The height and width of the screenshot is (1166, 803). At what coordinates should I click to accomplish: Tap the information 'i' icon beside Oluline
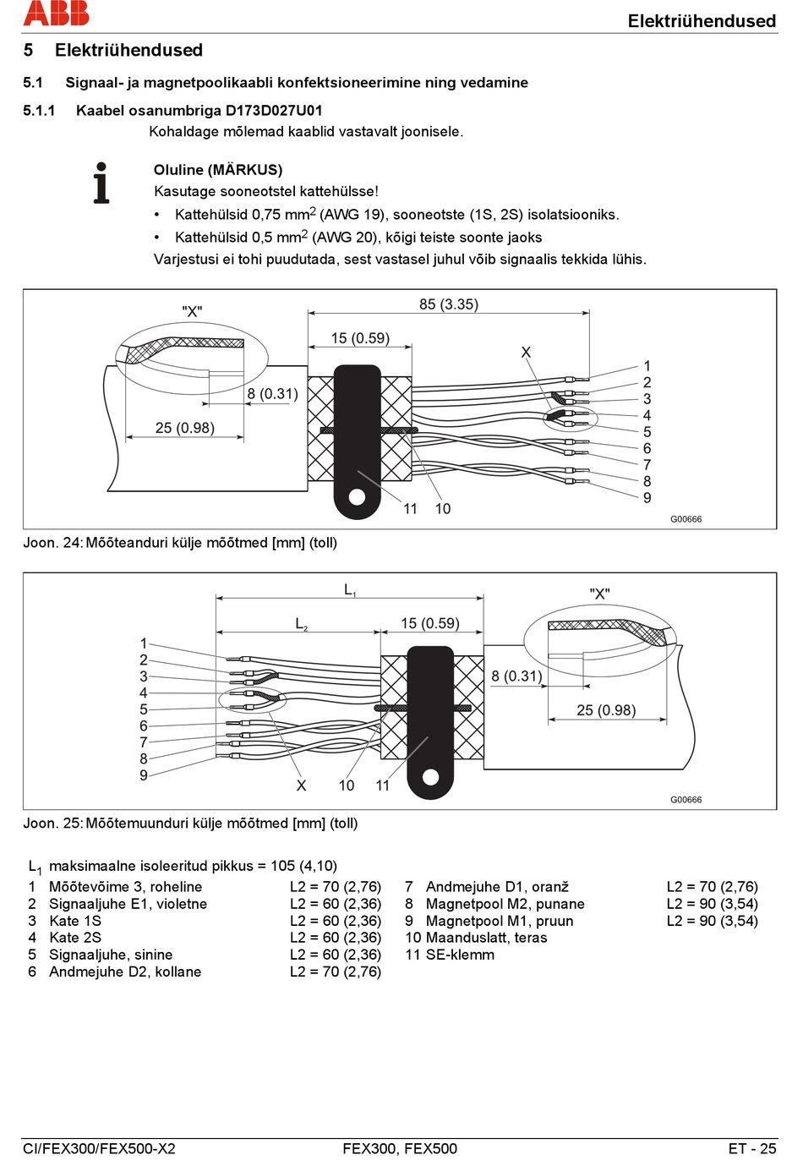tap(101, 183)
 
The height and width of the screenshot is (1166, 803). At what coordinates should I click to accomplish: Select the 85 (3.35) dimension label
tap(449, 304)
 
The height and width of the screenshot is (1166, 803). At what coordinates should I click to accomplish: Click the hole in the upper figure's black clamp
tap(357, 497)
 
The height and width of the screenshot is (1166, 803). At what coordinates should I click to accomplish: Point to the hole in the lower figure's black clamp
tap(430, 777)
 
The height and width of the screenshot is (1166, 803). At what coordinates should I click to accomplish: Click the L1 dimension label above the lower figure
tap(350, 590)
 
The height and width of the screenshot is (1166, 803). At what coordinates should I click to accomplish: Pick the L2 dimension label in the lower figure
tap(301, 624)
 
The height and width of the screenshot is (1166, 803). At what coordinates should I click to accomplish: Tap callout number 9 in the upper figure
tap(647, 498)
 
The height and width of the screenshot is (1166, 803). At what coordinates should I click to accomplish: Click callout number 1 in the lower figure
tap(144, 643)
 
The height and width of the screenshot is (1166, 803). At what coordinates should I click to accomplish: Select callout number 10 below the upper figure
tap(443, 508)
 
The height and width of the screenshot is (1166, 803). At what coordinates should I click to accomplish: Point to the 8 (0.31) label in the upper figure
tap(272, 393)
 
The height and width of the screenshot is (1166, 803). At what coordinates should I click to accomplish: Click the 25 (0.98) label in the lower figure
tap(606, 710)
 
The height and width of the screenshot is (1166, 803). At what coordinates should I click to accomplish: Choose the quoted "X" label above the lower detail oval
tap(599, 594)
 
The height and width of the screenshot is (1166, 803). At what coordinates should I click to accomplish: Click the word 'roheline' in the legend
tap(177, 887)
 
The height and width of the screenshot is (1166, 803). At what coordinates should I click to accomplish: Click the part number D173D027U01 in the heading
tap(274, 111)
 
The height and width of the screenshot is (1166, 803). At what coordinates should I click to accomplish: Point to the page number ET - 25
tap(752, 1149)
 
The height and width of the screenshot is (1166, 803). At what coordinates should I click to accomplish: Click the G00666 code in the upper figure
tap(686, 519)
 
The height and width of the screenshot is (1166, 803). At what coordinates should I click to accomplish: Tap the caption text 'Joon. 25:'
tap(52, 824)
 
